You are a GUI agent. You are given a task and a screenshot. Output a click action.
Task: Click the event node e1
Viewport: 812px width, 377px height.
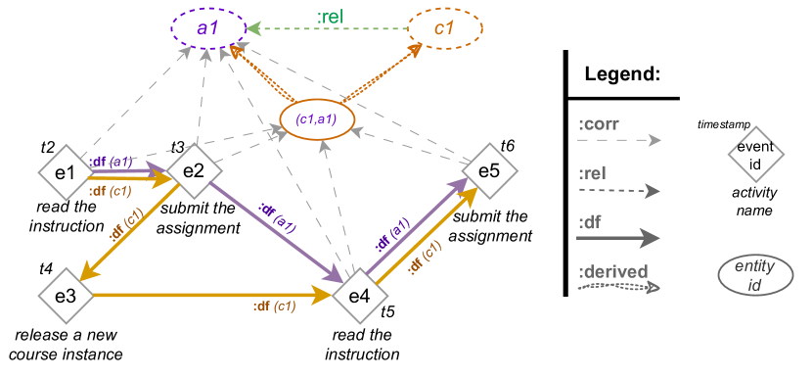click(66, 172)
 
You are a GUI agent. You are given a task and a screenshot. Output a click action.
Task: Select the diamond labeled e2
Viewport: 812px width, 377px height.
click(193, 170)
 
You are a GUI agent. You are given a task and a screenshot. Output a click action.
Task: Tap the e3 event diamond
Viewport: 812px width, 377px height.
click(66, 294)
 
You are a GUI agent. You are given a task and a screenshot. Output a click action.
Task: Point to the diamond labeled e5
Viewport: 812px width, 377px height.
click(488, 170)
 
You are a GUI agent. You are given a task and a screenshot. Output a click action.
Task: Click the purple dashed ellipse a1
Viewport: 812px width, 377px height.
click(207, 28)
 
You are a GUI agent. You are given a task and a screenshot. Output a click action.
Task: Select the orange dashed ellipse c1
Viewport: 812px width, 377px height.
click(444, 28)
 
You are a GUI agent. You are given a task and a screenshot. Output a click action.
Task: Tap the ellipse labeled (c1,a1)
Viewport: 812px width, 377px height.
click(316, 118)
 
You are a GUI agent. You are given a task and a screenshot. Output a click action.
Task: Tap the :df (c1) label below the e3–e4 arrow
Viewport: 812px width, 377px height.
click(274, 307)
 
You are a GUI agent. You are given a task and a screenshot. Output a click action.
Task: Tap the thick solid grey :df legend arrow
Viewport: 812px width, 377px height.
click(618, 236)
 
